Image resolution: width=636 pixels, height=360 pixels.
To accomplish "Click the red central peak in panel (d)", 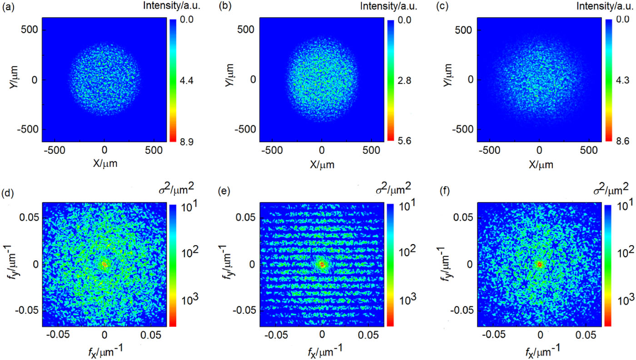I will coord(104,264).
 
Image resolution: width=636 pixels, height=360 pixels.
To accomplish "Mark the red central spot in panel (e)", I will coord(322,264).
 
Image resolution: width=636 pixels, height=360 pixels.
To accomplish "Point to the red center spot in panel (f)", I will coord(539,264).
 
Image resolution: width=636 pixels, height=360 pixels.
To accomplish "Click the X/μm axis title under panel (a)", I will coord(104,163).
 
